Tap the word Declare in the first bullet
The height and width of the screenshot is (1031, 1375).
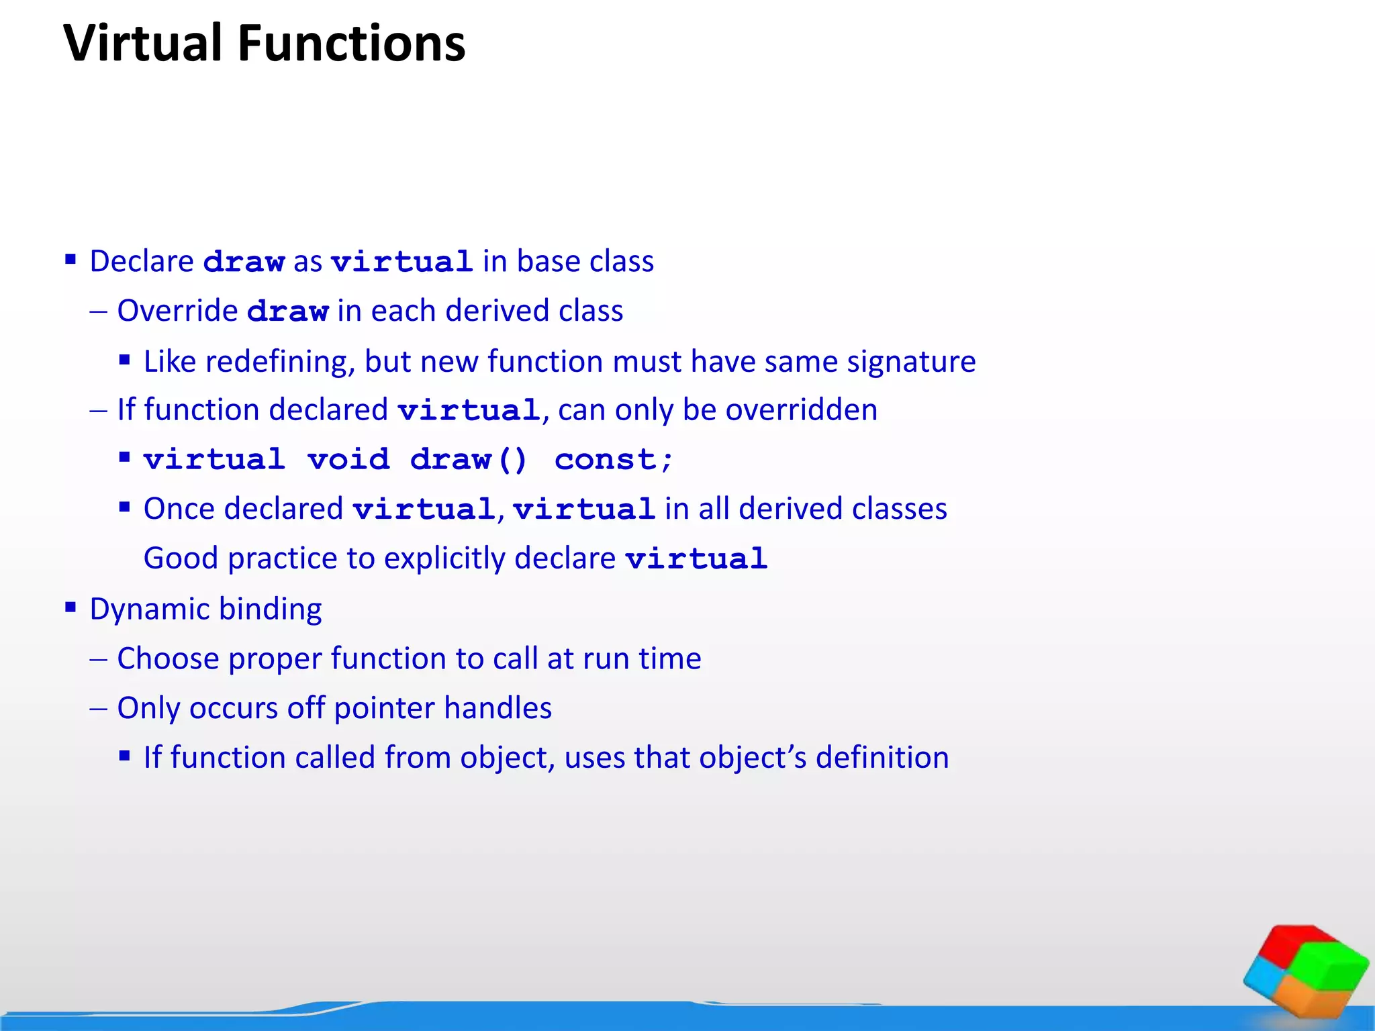142,261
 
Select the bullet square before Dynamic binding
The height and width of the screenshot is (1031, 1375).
70,607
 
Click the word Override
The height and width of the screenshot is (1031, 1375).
177,311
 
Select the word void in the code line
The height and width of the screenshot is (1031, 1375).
348,460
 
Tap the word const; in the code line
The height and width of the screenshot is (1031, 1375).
613,460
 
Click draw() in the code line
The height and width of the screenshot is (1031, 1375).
469,460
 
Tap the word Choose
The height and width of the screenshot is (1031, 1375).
168,658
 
